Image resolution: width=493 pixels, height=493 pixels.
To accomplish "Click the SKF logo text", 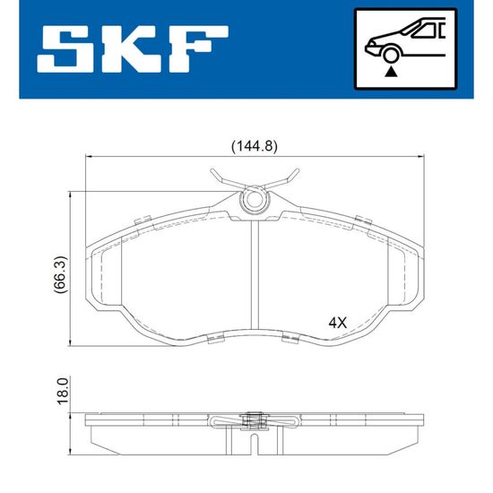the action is (x=133, y=48).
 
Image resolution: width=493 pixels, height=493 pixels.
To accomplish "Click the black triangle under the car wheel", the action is (x=391, y=72).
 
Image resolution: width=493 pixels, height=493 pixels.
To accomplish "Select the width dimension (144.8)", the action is (x=255, y=147).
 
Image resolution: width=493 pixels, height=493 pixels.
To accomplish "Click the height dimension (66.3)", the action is (x=60, y=274).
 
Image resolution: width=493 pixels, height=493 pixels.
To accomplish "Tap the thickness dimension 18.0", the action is (x=62, y=391).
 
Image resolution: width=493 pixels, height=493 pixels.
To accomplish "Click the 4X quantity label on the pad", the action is (x=337, y=323).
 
